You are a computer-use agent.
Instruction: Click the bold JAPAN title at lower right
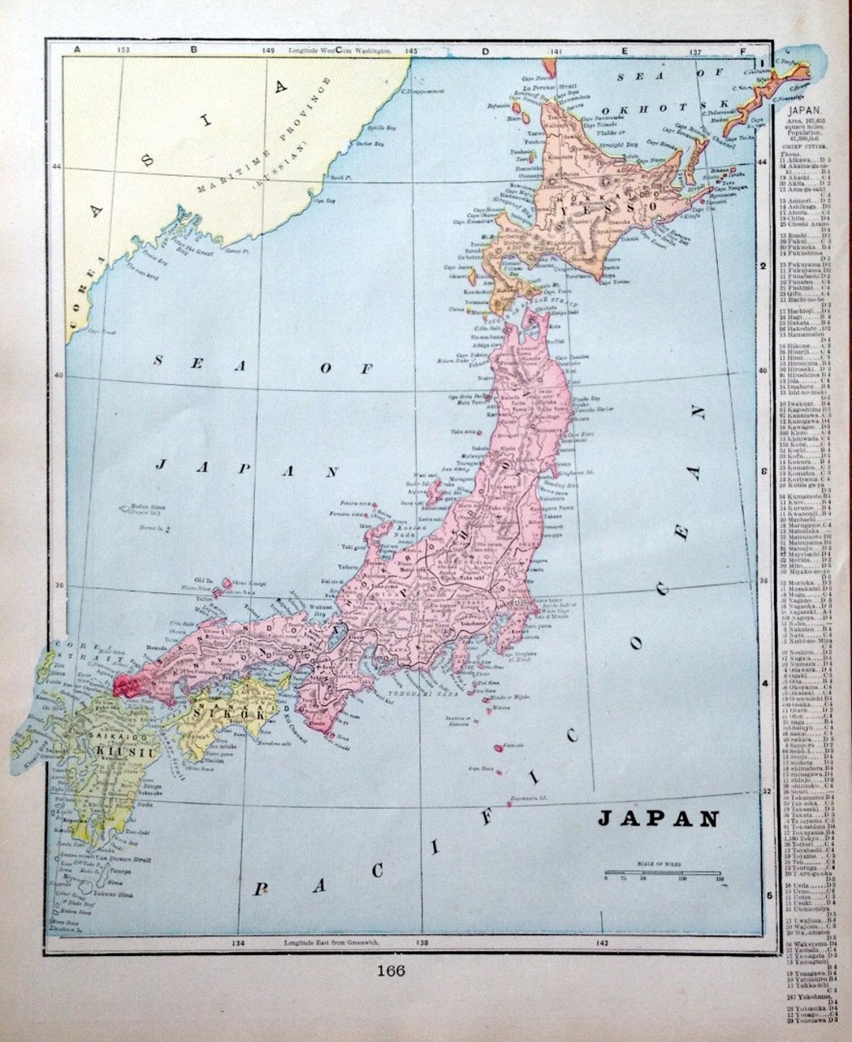click(657, 817)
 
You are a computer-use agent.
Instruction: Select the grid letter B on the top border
click(193, 50)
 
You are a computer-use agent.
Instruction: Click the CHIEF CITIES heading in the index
click(801, 146)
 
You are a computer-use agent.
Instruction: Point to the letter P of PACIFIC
click(259, 890)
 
